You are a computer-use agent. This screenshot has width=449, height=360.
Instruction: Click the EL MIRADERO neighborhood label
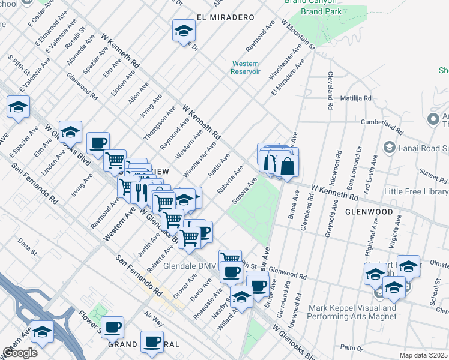pos(224,18)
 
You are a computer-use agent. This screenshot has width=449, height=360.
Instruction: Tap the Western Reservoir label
pos(245,67)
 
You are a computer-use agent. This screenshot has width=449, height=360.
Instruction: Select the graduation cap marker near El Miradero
pos(184,32)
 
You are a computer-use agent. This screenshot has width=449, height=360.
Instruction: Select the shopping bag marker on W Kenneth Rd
pos(288,167)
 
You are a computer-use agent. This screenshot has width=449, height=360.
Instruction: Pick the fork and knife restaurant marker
pos(142,192)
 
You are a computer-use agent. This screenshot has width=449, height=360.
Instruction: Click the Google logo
pos(20,352)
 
